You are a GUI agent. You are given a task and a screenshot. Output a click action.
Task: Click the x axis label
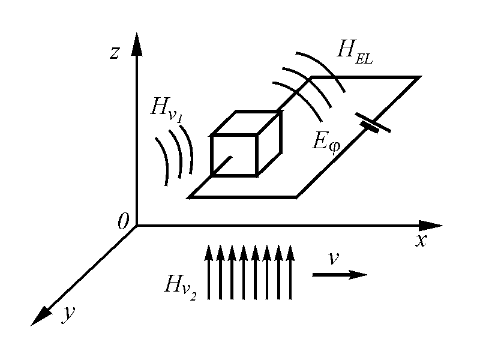point(421,241)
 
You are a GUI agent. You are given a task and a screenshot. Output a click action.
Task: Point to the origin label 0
point(124,223)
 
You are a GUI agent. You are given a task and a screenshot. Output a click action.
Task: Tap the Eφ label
point(324,142)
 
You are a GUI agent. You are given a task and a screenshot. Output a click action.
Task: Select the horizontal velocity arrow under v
point(339,275)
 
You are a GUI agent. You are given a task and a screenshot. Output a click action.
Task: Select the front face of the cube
point(233,155)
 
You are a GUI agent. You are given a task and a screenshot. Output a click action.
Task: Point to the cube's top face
point(247,123)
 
